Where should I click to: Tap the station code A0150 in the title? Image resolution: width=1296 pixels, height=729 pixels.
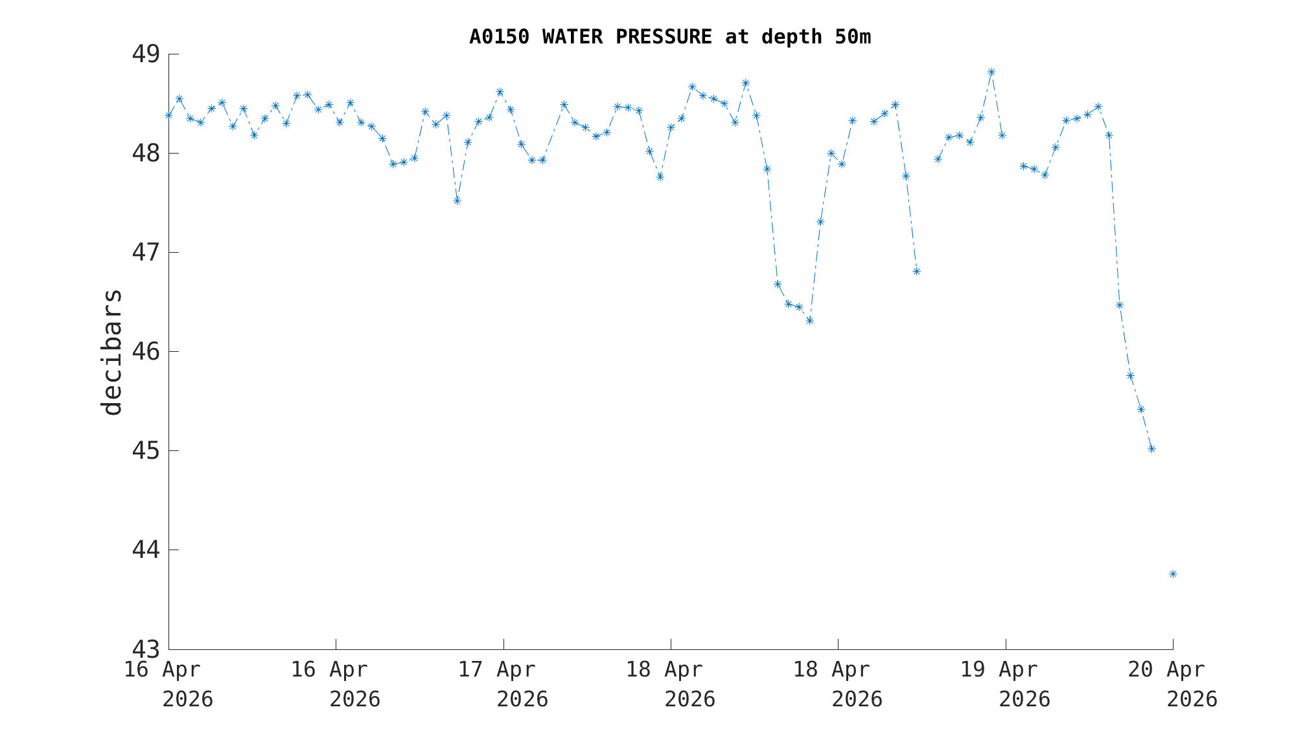[499, 38]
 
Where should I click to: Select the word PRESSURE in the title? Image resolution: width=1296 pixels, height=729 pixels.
[664, 38]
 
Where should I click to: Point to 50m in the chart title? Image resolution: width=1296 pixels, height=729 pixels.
[853, 38]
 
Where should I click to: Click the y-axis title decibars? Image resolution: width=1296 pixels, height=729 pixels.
[112, 352]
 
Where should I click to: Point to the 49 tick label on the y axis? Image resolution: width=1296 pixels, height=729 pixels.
[146, 54]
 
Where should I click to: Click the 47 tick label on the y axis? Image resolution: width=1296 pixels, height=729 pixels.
[146, 253]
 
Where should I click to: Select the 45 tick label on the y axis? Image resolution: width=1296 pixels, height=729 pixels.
[146, 451]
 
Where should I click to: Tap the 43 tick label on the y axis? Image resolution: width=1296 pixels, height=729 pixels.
[146, 649]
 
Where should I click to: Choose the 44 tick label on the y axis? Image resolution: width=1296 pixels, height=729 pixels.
[146, 550]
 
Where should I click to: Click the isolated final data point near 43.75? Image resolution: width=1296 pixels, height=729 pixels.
[1173, 574]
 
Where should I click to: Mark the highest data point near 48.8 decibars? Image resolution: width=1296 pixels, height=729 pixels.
[991, 72]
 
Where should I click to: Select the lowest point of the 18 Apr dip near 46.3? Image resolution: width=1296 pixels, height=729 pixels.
[809, 321]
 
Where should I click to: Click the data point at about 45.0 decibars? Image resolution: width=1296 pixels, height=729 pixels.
[1151, 448]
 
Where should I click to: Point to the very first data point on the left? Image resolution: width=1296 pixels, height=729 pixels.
[169, 115]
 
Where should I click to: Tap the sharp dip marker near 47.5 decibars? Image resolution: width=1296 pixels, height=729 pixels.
[457, 201]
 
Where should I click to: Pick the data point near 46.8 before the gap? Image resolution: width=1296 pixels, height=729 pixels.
[916, 271]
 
